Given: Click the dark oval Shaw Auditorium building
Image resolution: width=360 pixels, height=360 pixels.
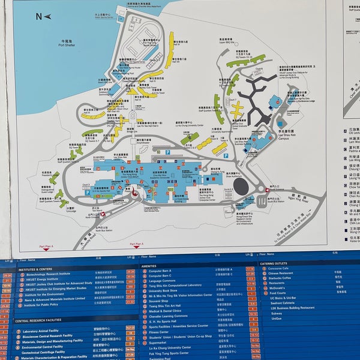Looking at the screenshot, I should [241, 187].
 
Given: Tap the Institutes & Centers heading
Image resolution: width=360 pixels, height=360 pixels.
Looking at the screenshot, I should [37, 269].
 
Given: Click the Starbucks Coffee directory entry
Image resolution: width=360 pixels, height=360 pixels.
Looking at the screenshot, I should [284, 278].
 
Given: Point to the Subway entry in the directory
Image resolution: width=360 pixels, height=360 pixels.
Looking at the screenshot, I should [276, 313].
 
